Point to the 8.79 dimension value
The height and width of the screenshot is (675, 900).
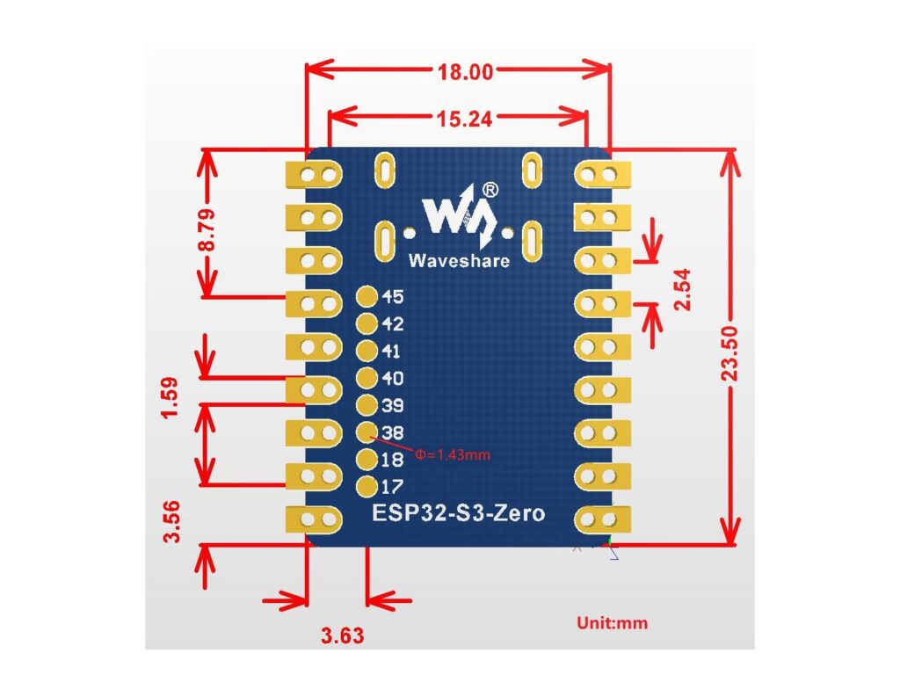207,229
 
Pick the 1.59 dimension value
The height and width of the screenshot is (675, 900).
171,398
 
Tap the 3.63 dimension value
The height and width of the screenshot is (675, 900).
342,635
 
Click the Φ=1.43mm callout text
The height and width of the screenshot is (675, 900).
452,455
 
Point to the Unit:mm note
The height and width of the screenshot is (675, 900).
612,623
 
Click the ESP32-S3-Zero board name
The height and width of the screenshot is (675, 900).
458,513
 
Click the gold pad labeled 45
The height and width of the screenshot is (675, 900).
365,297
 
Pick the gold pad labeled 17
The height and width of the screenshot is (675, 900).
365,486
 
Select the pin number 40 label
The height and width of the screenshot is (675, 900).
392,379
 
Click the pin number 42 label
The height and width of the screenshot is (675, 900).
392,324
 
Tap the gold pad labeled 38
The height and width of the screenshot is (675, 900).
365,432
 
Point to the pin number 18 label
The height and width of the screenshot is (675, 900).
392,460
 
